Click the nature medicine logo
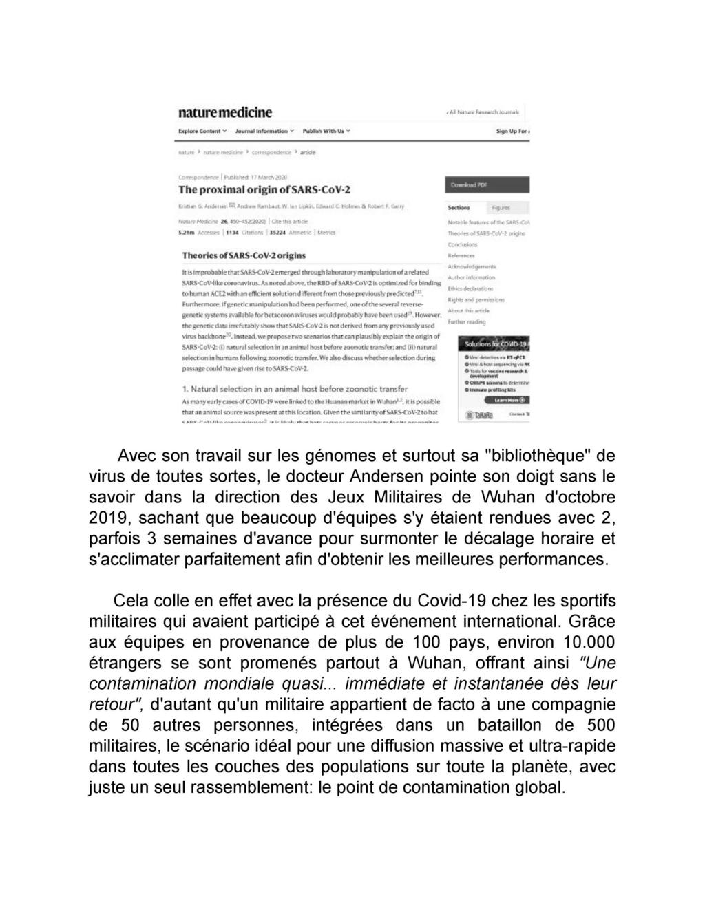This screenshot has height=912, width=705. [225, 112]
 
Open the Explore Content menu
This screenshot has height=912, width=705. [202, 131]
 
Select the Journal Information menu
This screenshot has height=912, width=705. [264, 131]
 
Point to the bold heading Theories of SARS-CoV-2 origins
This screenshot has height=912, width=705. [244, 255]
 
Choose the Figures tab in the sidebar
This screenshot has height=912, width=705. [501, 207]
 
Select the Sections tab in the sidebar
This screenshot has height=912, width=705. [459, 207]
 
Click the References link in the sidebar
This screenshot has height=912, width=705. [461, 255]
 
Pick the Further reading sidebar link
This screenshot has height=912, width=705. [467, 321]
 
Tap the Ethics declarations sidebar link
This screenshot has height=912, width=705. [471, 288]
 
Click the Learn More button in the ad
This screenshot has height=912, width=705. [507, 399]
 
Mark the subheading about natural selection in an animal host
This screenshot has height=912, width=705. [295, 389]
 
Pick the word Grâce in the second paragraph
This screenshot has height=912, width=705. [592, 622]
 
